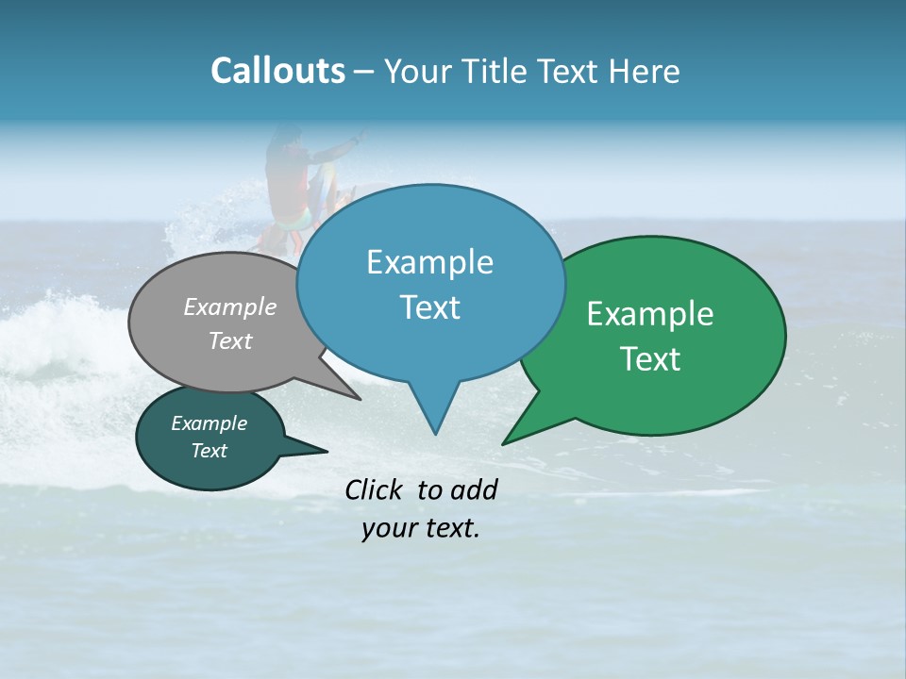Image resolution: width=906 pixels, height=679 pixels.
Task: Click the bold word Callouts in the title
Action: click(277, 71)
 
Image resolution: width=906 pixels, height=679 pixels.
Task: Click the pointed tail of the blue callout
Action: click(434, 420)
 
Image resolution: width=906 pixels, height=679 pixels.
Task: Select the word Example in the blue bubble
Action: click(429, 262)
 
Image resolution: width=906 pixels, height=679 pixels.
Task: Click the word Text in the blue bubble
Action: click(429, 307)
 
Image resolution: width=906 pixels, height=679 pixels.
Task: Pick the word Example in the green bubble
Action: click(650, 314)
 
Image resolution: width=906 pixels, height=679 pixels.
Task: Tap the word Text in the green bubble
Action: click(650, 359)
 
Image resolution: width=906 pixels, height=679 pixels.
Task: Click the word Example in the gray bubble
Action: click(229, 306)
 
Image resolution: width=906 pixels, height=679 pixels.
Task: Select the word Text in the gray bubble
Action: click(229, 340)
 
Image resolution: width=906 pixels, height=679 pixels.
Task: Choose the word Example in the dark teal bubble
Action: click(209, 423)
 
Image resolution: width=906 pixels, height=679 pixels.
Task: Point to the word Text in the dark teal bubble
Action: click(209, 451)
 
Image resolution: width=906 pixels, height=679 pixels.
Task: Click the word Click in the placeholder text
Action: click(375, 489)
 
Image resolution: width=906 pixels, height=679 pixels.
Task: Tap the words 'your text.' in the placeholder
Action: click(420, 528)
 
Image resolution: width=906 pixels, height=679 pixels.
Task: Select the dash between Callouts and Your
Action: click(364, 72)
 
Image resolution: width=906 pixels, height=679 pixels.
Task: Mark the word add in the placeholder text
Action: click(474, 489)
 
